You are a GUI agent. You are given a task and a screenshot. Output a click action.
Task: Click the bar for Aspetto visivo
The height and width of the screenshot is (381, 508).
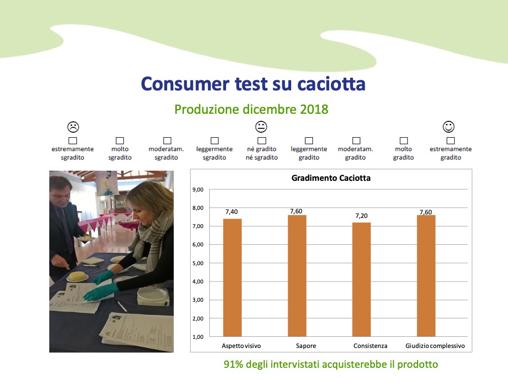pyautogui.click(x=232, y=278)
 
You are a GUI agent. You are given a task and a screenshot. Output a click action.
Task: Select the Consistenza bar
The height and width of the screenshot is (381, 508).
pyautogui.click(x=362, y=279)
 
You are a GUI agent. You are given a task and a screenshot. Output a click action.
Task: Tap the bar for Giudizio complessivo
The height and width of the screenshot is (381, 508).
pyautogui.click(x=426, y=276)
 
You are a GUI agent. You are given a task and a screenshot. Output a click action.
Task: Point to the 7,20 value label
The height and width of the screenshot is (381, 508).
pyautogui.click(x=362, y=216)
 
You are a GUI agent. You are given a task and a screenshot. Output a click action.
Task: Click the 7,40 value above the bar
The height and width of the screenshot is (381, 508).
pyautogui.click(x=232, y=212)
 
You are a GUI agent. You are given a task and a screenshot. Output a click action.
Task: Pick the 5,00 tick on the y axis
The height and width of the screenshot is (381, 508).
pyautogui.click(x=198, y=263)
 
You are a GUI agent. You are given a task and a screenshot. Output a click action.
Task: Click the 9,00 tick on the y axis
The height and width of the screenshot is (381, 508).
pyautogui.click(x=198, y=189)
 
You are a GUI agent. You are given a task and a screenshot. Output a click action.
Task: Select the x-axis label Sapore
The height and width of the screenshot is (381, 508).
pyautogui.click(x=306, y=345)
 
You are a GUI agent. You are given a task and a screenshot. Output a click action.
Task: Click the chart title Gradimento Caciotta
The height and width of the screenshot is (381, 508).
pyautogui.click(x=331, y=178)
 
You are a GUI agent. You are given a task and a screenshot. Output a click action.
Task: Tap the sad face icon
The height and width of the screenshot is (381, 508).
pyautogui.click(x=73, y=127)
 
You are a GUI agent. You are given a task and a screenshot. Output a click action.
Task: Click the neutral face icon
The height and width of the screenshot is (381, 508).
pyautogui.click(x=261, y=126)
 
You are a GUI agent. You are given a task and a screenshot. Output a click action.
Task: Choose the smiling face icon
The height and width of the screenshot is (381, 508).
pyautogui.click(x=449, y=126)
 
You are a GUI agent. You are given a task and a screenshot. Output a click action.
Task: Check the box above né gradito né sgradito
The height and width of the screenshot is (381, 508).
pyautogui.click(x=262, y=141)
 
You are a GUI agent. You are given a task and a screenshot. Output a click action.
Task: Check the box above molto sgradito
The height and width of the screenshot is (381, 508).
pyautogui.click(x=120, y=141)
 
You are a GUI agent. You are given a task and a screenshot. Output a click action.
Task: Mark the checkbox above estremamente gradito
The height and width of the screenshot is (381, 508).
pyautogui.click(x=451, y=141)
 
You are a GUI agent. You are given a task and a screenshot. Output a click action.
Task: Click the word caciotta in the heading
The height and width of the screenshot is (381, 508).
pyautogui.click(x=331, y=84)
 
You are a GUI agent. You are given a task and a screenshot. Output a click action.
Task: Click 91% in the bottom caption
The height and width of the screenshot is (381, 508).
pyautogui.click(x=233, y=364)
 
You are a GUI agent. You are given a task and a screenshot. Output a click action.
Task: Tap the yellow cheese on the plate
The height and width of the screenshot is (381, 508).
pyautogui.click(x=78, y=276)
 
